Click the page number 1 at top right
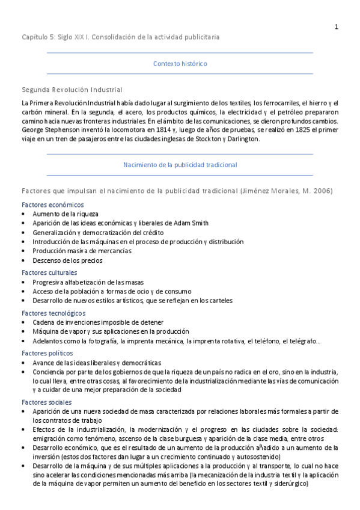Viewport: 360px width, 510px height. [337, 26]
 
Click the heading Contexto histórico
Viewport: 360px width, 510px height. [180, 63]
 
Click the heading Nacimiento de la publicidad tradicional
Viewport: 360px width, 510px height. [180, 164]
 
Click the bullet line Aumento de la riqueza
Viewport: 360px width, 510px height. [66, 214]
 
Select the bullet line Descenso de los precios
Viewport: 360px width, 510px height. [67, 260]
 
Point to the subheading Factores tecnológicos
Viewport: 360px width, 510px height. [53, 313]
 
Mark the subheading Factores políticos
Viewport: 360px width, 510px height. [47, 353]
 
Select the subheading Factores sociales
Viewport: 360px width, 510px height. [46, 402]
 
